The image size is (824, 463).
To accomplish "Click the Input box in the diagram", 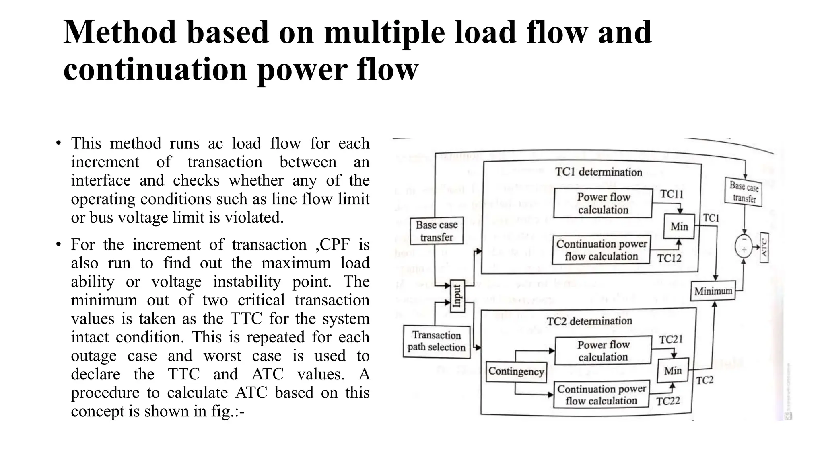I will tap(457, 296).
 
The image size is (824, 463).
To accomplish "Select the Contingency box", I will tap(516, 371).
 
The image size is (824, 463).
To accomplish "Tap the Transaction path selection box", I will tap(437, 341).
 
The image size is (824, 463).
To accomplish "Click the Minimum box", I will tap(713, 291).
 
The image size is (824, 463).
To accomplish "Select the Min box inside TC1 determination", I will tap(679, 227).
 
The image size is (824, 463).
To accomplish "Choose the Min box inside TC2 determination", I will tap(673, 371).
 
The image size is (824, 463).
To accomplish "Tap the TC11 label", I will tap(672, 194).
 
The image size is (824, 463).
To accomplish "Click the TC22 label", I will tap(668, 401).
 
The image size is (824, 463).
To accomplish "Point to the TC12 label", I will tap(669, 258).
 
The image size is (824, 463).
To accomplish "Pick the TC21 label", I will tap(671, 340).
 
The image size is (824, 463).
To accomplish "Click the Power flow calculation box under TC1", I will tap(603, 203).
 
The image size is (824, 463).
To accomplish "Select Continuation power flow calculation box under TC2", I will tap(602, 395).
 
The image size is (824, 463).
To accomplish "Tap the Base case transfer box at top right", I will tap(744, 193).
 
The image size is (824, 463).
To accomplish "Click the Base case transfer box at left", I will tap(437, 231).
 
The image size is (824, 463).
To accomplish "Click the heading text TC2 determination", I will tap(589, 321).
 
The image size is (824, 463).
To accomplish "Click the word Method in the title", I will tap(120, 33).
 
